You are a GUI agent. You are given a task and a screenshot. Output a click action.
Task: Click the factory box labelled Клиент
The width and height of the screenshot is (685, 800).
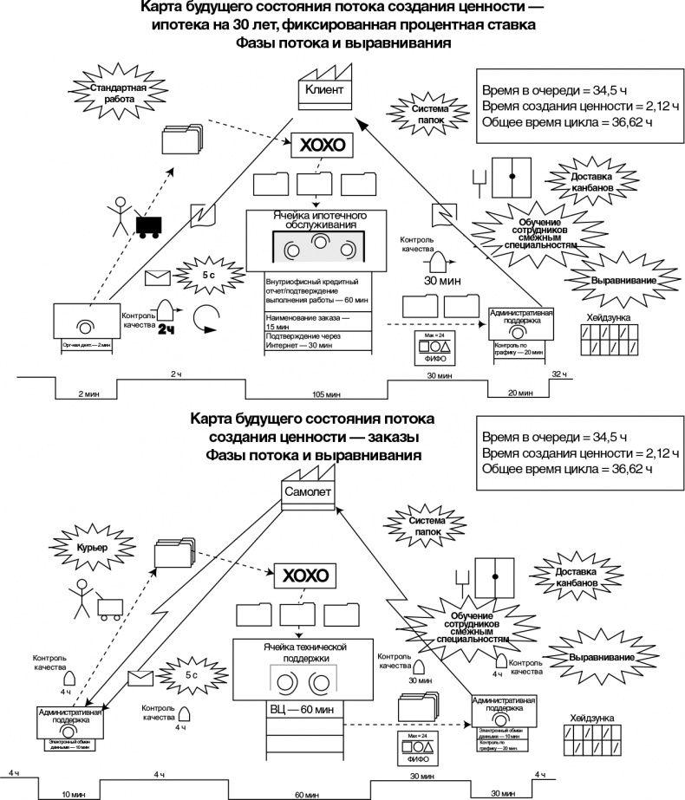pyautogui.click(x=325, y=90)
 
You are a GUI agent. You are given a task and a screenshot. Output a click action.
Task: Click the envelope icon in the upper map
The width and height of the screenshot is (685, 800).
pyautogui.click(x=158, y=277)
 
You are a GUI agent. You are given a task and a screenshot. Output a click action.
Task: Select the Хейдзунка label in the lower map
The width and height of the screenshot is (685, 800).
pyautogui.click(x=592, y=718)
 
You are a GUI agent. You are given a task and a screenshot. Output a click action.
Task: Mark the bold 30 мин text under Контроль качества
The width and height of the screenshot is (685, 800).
pyautogui.click(x=442, y=281)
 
